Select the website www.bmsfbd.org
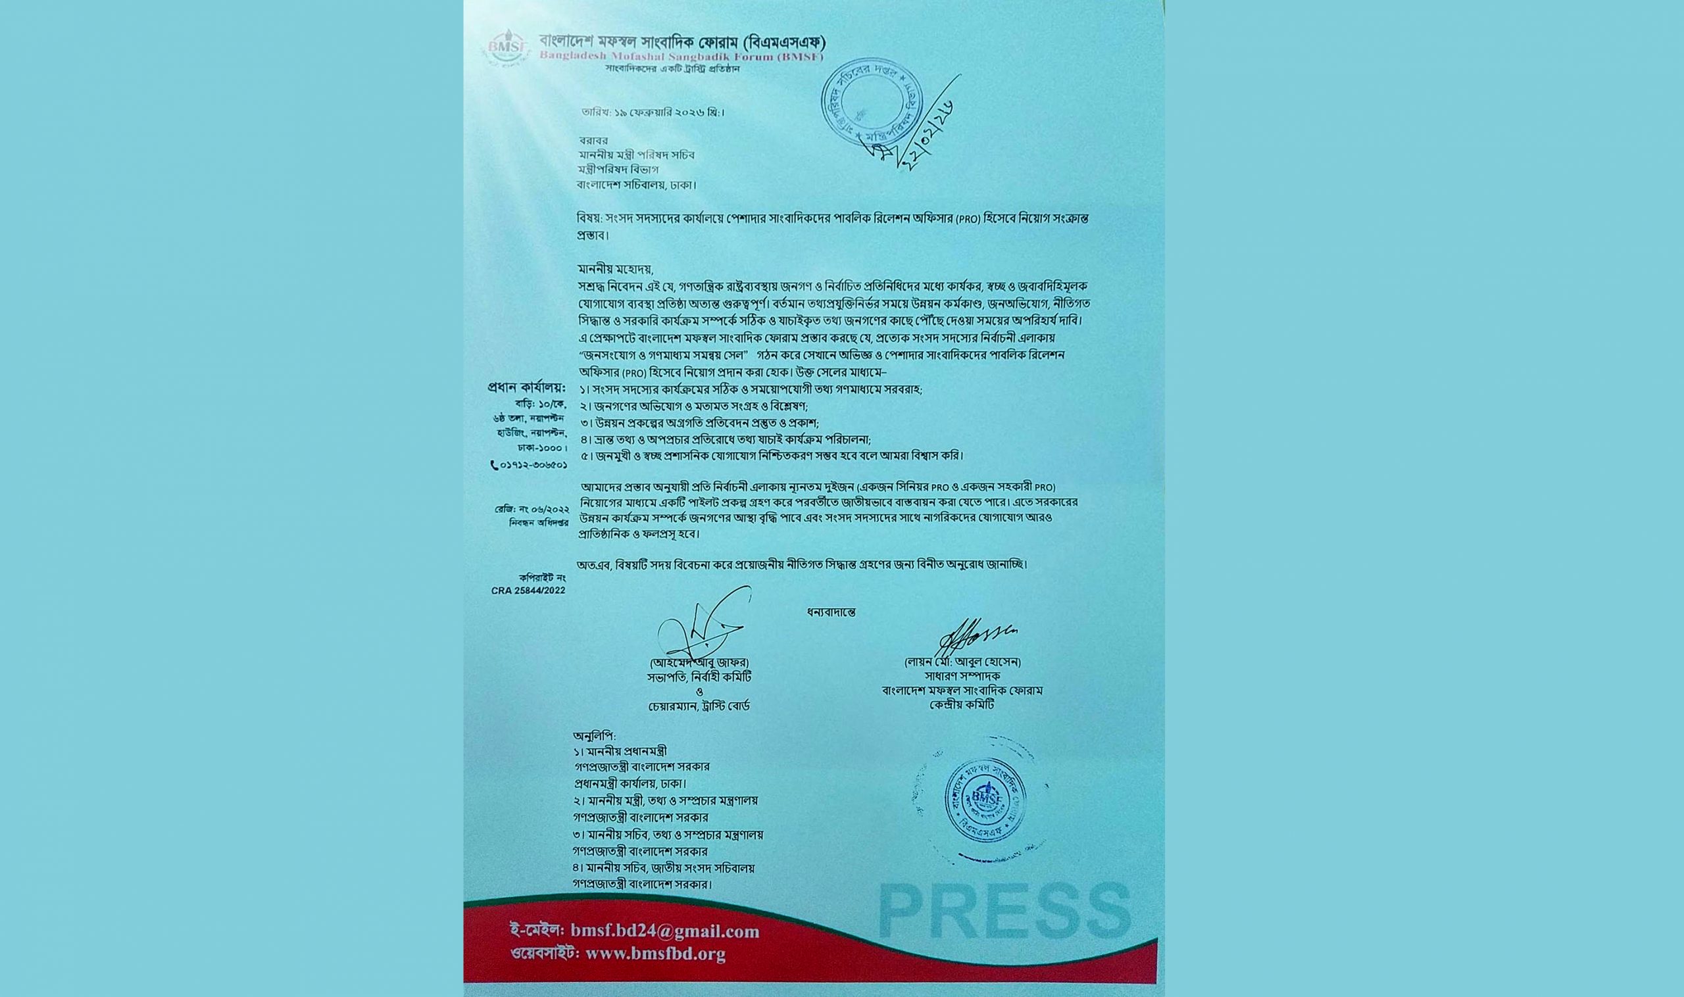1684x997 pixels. tap(655, 954)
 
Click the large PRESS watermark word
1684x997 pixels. tap(1004, 911)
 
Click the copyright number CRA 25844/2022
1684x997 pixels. tap(528, 591)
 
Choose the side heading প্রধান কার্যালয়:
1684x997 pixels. tap(527, 388)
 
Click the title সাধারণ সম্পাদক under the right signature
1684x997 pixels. tap(962, 677)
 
